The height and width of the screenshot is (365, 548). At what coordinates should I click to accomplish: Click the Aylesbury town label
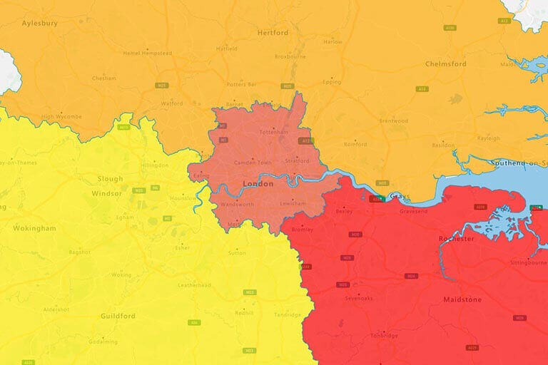pos(39,23)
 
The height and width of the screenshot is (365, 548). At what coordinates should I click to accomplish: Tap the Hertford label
pos(273,33)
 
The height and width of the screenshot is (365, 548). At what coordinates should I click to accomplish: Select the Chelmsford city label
pos(445,63)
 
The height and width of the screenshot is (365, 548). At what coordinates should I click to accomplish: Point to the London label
pos(258,184)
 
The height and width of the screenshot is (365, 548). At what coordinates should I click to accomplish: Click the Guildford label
pos(118,316)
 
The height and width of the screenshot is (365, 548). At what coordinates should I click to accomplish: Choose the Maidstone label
pos(462,299)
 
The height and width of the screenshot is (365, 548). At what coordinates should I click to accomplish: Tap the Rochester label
pos(456,239)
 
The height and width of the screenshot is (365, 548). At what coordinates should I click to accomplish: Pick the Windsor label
pos(108,193)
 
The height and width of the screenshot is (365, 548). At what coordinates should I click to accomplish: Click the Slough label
pos(111,179)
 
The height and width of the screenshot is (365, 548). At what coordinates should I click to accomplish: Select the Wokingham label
pos(34,228)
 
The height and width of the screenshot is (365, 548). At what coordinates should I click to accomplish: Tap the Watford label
pos(172,103)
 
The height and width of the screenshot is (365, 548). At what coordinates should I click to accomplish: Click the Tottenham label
pos(273,132)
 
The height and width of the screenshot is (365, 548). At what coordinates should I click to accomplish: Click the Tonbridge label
pos(385,335)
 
